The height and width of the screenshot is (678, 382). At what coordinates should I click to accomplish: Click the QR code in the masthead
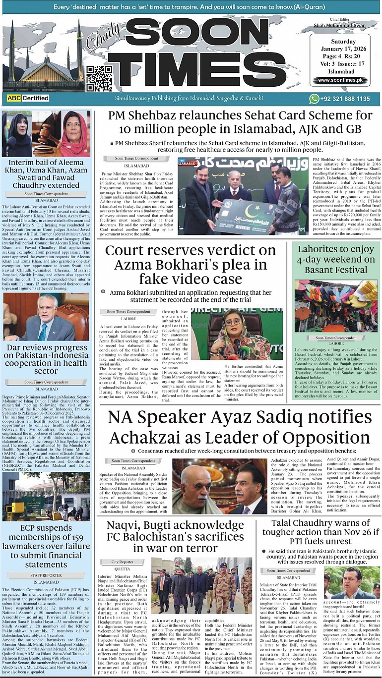[x=99, y=77]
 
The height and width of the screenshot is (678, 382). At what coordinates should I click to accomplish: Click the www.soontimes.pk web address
[x=339, y=80]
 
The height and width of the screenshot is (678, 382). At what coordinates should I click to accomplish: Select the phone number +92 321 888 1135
[x=346, y=99]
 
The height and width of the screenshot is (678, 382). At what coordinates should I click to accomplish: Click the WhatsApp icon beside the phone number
[x=314, y=99]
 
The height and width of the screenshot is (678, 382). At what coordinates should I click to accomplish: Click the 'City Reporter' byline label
[x=122, y=562]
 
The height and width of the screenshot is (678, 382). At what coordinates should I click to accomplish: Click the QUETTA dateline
[x=122, y=569]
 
